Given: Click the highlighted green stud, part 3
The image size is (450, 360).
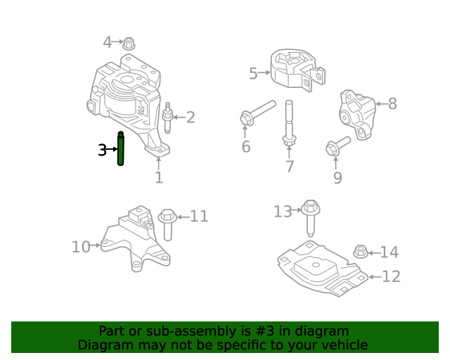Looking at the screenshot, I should click(x=120, y=149).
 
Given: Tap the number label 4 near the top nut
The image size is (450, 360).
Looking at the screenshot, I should click(x=108, y=42).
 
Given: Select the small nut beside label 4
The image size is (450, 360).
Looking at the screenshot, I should click(x=129, y=43).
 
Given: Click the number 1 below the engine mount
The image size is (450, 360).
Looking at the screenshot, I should click(x=159, y=178).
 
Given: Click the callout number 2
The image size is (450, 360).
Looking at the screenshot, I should click(x=190, y=117).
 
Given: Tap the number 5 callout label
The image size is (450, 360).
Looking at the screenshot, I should click(x=253, y=72).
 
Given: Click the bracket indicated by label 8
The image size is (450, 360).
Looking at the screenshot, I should click(x=356, y=112).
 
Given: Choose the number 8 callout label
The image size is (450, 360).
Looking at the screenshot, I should click(x=392, y=104).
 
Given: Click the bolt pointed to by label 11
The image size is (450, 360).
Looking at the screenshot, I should click(x=167, y=223).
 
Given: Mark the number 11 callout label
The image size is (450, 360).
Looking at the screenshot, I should click(x=199, y=216).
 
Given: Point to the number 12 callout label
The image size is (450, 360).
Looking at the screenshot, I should click(x=391, y=276).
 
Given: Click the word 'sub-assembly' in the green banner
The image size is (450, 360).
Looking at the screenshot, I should click(x=176, y=331).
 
